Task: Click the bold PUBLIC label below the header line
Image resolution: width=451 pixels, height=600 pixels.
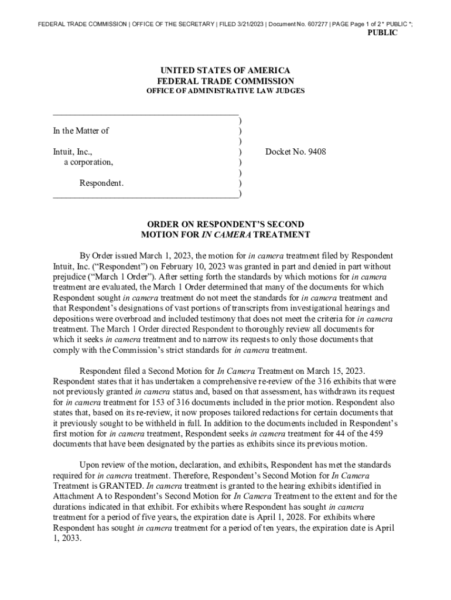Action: [382, 33]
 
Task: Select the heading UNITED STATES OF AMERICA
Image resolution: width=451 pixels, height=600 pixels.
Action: [225, 70]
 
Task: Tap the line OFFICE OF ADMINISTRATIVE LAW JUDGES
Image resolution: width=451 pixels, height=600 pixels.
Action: [225, 91]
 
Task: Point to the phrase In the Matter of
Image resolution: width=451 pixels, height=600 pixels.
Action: [81, 131]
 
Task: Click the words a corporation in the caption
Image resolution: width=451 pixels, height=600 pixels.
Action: [89, 162]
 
